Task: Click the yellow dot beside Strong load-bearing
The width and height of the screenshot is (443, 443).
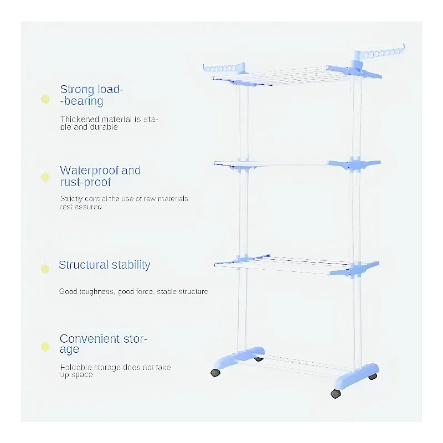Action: click(x=45, y=99)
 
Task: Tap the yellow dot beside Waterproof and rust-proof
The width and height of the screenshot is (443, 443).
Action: click(x=45, y=177)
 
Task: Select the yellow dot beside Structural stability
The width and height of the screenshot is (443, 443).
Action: click(x=45, y=269)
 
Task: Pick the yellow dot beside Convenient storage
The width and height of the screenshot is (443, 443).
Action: click(x=45, y=347)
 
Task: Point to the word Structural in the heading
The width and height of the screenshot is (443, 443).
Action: click(x=84, y=265)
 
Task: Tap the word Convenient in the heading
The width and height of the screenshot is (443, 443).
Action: click(x=90, y=339)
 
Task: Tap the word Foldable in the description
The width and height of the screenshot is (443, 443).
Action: click(x=76, y=367)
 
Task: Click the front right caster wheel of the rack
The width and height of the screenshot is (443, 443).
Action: click(x=336, y=394)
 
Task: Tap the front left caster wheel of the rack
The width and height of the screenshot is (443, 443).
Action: click(x=215, y=373)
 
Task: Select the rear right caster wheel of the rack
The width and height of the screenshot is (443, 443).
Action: click(x=373, y=377)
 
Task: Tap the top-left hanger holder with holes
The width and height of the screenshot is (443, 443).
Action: click(x=224, y=68)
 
